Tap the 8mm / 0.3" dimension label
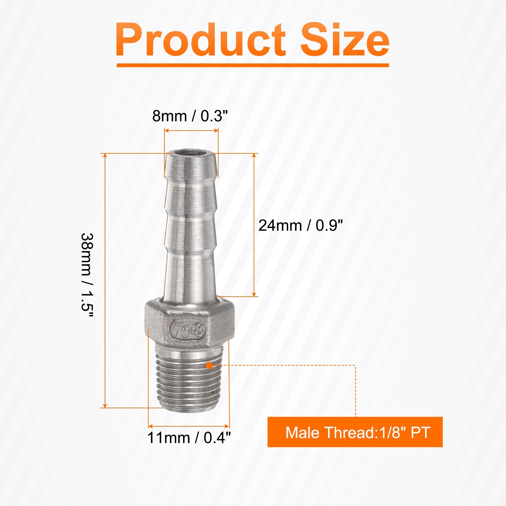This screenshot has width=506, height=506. click(x=190, y=116)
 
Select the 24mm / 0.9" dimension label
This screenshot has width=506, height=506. click(x=300, y=225)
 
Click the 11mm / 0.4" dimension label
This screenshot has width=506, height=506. click(x=189, y=438)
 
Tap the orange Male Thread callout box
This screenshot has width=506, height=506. click(x=355, y=432)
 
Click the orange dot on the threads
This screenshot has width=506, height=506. click(x=209, y=366)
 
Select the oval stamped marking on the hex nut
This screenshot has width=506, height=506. click(x=188, y=330)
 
